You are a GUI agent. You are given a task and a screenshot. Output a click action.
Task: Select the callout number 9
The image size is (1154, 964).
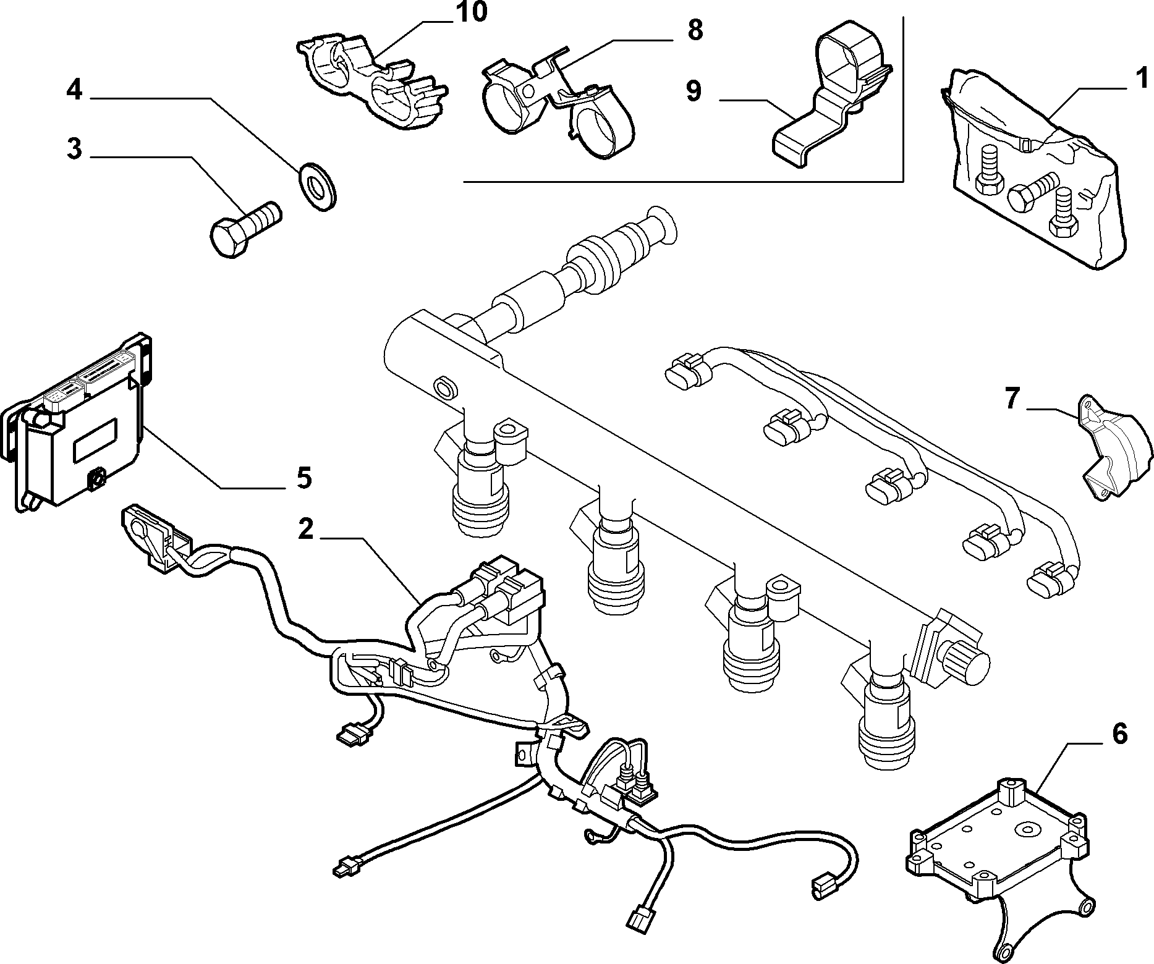point(694,90)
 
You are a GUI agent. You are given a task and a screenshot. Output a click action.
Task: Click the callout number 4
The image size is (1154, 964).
point(74,90)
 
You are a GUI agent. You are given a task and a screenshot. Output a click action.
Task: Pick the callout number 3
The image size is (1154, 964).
point(74,149)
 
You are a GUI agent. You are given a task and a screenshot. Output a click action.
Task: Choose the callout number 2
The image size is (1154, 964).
point(305,529)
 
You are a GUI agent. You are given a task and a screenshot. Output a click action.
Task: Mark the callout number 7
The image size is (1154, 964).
point(1011,399)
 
